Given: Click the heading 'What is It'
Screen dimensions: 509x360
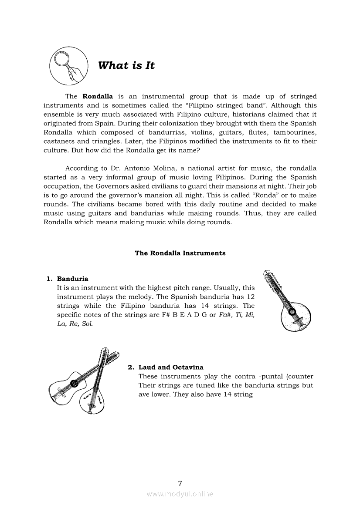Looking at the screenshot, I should [x=126, y=66].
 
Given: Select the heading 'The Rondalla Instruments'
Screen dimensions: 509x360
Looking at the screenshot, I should [x=180, y=253].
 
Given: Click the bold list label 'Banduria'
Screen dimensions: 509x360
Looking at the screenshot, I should [x=72, y=279].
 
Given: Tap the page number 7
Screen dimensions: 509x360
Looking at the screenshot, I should [x=180, y=483].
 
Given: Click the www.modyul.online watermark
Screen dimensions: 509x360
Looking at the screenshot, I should [x=180, y=494].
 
